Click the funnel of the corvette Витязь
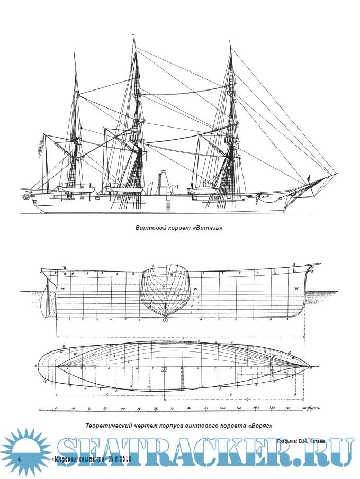pyautogui.click(x=163, y=180)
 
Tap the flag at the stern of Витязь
pyautogui.click(x=40, y=146)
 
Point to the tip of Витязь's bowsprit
pyautogui.click(x=337, y=173)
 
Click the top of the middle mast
pyautogui.click(x=132, y=37)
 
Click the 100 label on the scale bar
pyautogui.click(x=222, y=409)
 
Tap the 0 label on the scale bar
pyautogui.click(x=56, y=409)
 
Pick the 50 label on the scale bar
pyautogui.click(x=139, y=409)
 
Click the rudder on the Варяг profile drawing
pyautogui.click(x=51, y=302)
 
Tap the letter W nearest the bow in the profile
pyautogui.click(x=297, y=288)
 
